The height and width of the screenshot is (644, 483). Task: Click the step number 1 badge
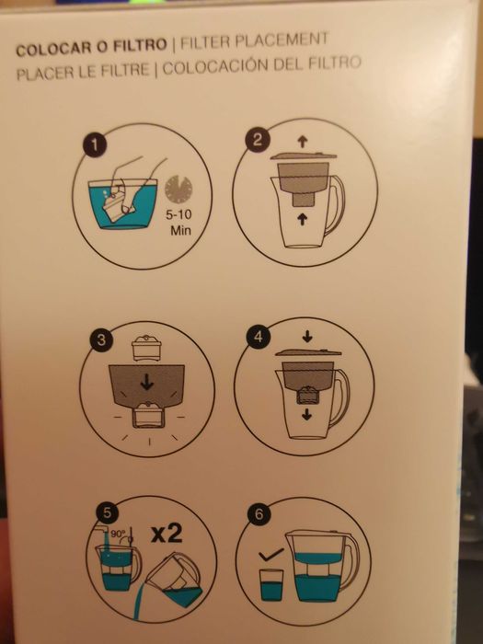[93, 144]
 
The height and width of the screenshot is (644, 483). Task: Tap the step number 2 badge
[259, 140]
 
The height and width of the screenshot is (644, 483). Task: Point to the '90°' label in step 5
[119, 533]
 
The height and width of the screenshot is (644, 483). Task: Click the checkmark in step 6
[270, 557]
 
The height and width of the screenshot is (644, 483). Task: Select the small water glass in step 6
[270, 586]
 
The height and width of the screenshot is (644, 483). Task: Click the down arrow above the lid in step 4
[307, 338]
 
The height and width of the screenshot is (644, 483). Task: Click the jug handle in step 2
[337, 205]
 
